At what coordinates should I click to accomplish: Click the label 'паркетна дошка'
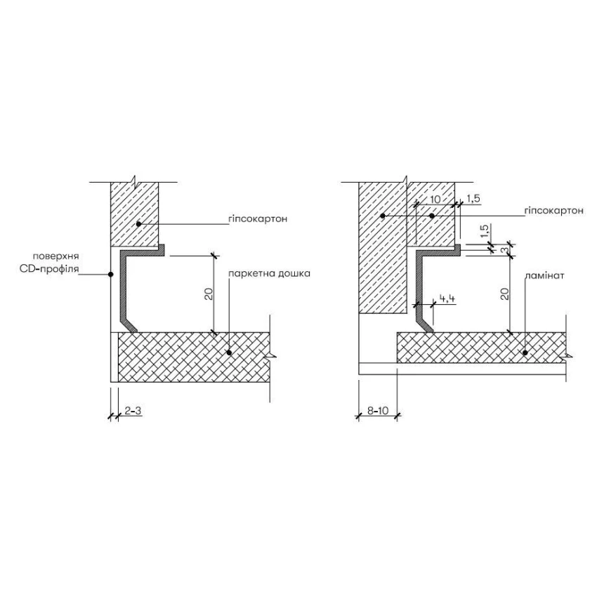(x=269, y=273)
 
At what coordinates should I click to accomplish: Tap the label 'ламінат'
(x=544, y=276)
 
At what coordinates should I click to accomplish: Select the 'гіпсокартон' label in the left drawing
(x=258, y=219)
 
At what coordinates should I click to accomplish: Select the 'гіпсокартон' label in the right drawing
(x=554, y=211)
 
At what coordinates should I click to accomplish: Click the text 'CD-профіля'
(x=49, y=268)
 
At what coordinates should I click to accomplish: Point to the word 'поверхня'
(x=56, y=256)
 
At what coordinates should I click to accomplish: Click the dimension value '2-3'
(x=133, y=411)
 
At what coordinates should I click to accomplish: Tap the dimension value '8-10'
(x=378, y=411)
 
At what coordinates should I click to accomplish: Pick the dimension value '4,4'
(x=447, y=298)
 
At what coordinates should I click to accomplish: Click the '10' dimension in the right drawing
(x=435, y=199)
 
